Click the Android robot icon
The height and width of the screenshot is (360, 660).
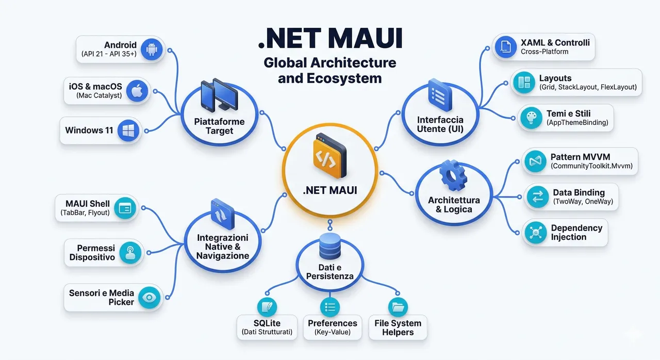coord(152,49)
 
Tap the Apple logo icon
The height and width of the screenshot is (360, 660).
coord(137,91)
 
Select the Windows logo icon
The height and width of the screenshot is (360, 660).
coord(128,130)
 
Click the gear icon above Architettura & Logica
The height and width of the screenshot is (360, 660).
coord(453,175)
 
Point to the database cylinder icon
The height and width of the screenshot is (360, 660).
coord(330,246)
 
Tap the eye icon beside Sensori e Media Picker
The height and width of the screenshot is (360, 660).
coord(150,298)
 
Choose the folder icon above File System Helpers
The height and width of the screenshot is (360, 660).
coord(398,307)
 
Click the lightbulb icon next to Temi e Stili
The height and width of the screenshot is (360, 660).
coord(531,118)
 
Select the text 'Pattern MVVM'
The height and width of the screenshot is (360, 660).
coord(580,157)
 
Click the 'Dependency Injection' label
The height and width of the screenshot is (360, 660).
coord(576,233)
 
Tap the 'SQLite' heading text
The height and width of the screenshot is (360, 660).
coord(267,323)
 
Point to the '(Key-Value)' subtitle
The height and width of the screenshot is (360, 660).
coord(333,332)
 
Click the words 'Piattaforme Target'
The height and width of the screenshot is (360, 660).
coord(219,126)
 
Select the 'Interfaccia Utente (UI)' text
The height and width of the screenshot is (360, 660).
coord(440,124)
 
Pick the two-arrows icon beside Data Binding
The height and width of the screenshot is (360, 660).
coord(538,197)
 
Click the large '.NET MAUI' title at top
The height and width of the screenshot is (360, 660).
coord(330,38)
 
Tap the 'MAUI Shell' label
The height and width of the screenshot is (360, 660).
coord(88,204)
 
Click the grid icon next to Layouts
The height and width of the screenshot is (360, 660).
coord(524,83)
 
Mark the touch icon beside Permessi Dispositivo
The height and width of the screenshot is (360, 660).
coord(130,253)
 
